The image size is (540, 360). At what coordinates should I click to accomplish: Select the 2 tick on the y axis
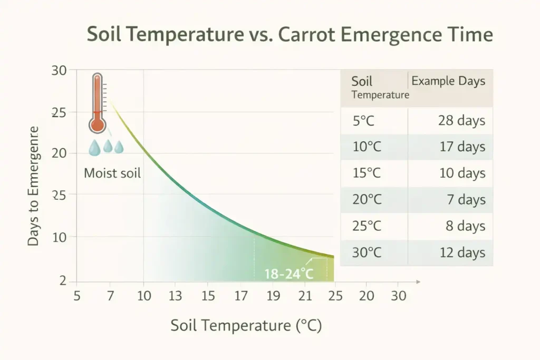click(63, 281)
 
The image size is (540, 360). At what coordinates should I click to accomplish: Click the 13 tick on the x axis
click(176, 296)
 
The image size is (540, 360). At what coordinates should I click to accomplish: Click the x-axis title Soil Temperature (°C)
click(246, 326)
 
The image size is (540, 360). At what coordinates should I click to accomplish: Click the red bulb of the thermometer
click(97, 124)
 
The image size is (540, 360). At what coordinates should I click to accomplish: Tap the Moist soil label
click(112, 173)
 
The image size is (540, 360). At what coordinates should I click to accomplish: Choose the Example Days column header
click(448, 82)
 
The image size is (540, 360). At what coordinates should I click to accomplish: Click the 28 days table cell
click(461, 121)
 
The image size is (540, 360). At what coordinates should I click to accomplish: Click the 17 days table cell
click(462, 147)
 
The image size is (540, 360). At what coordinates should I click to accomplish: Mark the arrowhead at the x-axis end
click(418, 282)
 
